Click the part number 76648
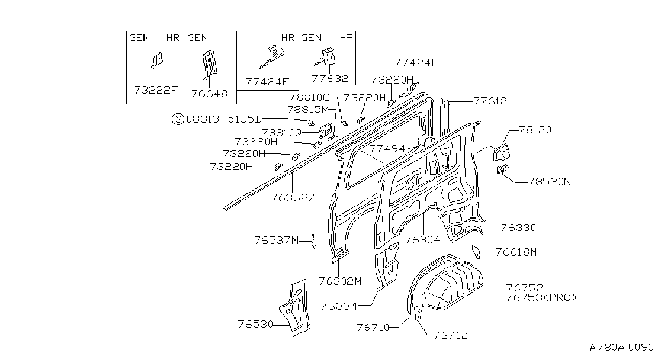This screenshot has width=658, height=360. tap(209, 94)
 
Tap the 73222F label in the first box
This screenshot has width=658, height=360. tap(156, 89)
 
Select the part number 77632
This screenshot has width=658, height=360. tap(330, 78)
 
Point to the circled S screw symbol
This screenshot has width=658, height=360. tap(178, 119)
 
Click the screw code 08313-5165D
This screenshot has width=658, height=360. tap(224, 119)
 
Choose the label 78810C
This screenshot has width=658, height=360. tap(309, 97)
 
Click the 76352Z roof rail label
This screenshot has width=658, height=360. tap(293, 198)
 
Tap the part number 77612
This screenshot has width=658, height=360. tap(490, 101)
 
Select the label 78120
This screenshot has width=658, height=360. tap(535, 130)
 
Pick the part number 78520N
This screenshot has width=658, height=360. tap(549, 182)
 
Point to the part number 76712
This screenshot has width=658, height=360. tap(450, 335)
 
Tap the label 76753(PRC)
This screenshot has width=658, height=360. tap(541, 297)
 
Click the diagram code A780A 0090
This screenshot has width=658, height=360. tap(622, 348)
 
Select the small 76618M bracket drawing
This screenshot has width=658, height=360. tap(476, 252)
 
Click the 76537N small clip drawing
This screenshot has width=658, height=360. tap(314, 241)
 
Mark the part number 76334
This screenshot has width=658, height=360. tap(339, 306)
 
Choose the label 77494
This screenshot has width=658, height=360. tap(388, 149)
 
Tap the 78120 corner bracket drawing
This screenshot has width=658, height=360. tap(501, 152)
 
